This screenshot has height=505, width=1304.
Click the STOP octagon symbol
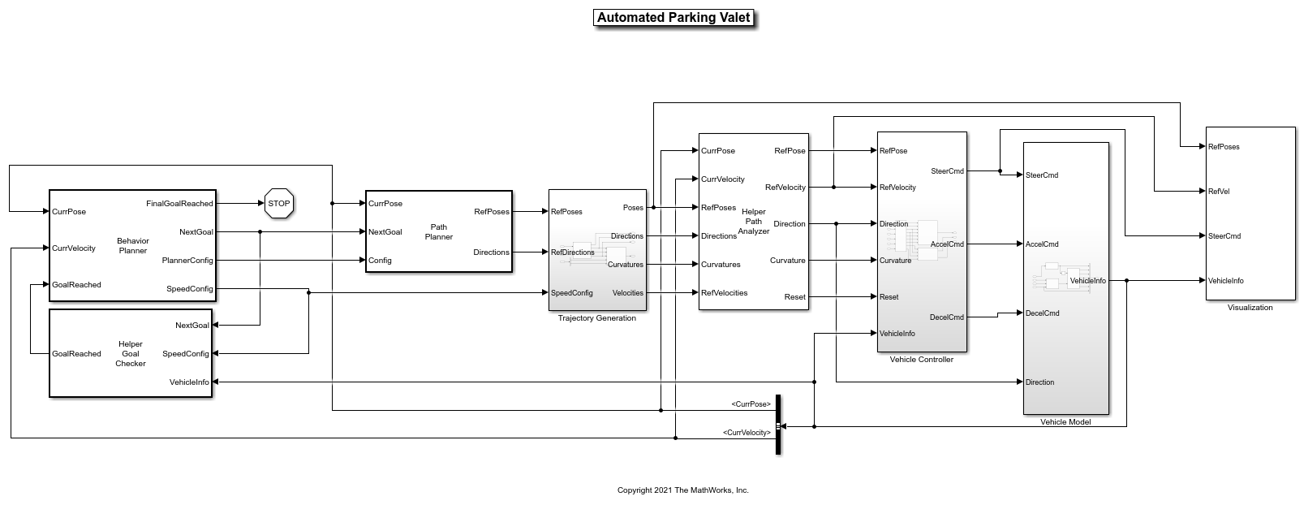pos(279,203)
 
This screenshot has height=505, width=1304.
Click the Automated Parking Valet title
pos(674,18)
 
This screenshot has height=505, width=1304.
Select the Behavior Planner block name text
pos(133,246)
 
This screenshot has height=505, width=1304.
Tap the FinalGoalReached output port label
pos(179,203)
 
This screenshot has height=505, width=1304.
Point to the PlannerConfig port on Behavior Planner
pos(187,261)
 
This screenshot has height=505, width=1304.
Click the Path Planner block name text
pos(438,232)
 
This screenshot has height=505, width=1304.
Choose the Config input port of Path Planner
pos(380,261)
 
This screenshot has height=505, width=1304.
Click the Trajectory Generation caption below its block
pos(596,318)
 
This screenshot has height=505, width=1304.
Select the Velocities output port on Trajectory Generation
pos(627,293)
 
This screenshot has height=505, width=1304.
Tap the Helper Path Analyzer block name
pos(753,222)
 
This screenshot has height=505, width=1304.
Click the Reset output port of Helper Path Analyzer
pos(794,297)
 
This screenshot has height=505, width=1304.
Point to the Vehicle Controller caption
pos(922,360)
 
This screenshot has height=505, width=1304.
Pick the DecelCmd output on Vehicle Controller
pos(947,317)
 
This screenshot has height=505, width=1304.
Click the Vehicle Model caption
pos(1065,421)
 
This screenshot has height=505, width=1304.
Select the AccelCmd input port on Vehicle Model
pos(1042,244)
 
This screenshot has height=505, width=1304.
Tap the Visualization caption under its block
pos(1250,308)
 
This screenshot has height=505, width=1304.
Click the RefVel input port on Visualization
pos(1219,191)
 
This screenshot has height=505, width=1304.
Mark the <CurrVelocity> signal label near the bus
pos(747,432)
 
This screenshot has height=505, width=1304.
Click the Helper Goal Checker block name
pos(131,353)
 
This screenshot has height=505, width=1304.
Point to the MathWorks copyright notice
pos(683,490)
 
